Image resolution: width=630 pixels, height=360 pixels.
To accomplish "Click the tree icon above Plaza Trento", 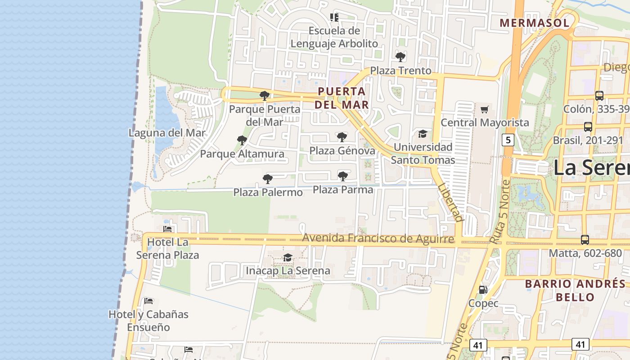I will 400,57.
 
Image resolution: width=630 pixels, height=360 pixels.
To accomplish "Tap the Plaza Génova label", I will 342,150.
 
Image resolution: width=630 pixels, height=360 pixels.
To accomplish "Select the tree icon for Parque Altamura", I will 242,140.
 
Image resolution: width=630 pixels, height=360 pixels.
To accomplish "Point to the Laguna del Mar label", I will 167,133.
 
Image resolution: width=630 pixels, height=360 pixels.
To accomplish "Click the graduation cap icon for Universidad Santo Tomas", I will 423,134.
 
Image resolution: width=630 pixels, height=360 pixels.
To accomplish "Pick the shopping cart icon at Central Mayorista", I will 485,109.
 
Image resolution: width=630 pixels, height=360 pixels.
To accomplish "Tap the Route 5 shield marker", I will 508,140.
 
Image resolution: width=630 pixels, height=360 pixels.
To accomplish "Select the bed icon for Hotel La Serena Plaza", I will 168,229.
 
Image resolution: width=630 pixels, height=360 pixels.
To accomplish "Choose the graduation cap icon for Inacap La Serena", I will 288,257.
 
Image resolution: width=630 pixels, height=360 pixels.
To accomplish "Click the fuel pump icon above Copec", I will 483,290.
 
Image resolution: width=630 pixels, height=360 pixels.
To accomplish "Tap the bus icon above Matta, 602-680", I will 585,240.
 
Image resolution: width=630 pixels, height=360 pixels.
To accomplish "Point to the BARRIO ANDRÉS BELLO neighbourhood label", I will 575,290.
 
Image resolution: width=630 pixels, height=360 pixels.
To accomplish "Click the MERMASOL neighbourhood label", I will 534,22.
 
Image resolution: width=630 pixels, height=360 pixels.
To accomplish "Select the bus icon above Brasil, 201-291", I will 588,126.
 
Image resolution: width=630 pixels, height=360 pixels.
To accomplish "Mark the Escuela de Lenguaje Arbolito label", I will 334,37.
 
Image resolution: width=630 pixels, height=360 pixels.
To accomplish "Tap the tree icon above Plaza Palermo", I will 268,179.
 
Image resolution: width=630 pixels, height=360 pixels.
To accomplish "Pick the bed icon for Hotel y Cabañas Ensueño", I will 148,301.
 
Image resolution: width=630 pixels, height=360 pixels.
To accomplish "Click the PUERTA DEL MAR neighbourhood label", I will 342,98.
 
